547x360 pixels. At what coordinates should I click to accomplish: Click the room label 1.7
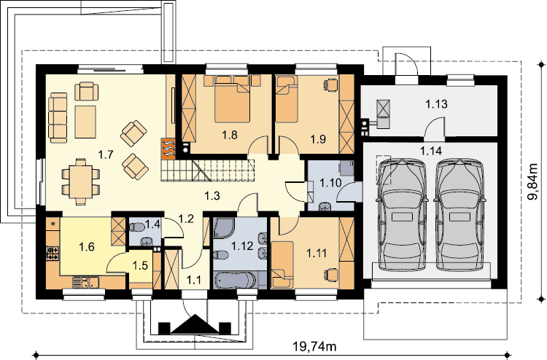click(x=105, y=154)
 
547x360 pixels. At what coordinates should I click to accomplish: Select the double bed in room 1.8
click(x=233, y=100)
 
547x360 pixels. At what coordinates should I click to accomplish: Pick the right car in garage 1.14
click(x=459, y=214)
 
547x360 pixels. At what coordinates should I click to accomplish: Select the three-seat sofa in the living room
click(x=58, y=117)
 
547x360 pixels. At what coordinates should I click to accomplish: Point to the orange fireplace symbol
click(x=168, y=149)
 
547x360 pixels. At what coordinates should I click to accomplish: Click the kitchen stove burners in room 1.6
click(x=53, y=254)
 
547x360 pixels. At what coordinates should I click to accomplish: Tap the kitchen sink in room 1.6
click(x=85, y=281)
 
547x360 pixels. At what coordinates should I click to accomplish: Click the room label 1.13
click(x=436, y=104)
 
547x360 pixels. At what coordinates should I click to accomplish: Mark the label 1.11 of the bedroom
click(x=317, y=254)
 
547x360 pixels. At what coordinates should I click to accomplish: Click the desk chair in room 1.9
click(x=331, y=84)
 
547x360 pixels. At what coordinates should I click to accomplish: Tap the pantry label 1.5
click(x=140, y=265)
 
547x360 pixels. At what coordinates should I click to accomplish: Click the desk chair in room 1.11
click(x=332, y=274)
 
